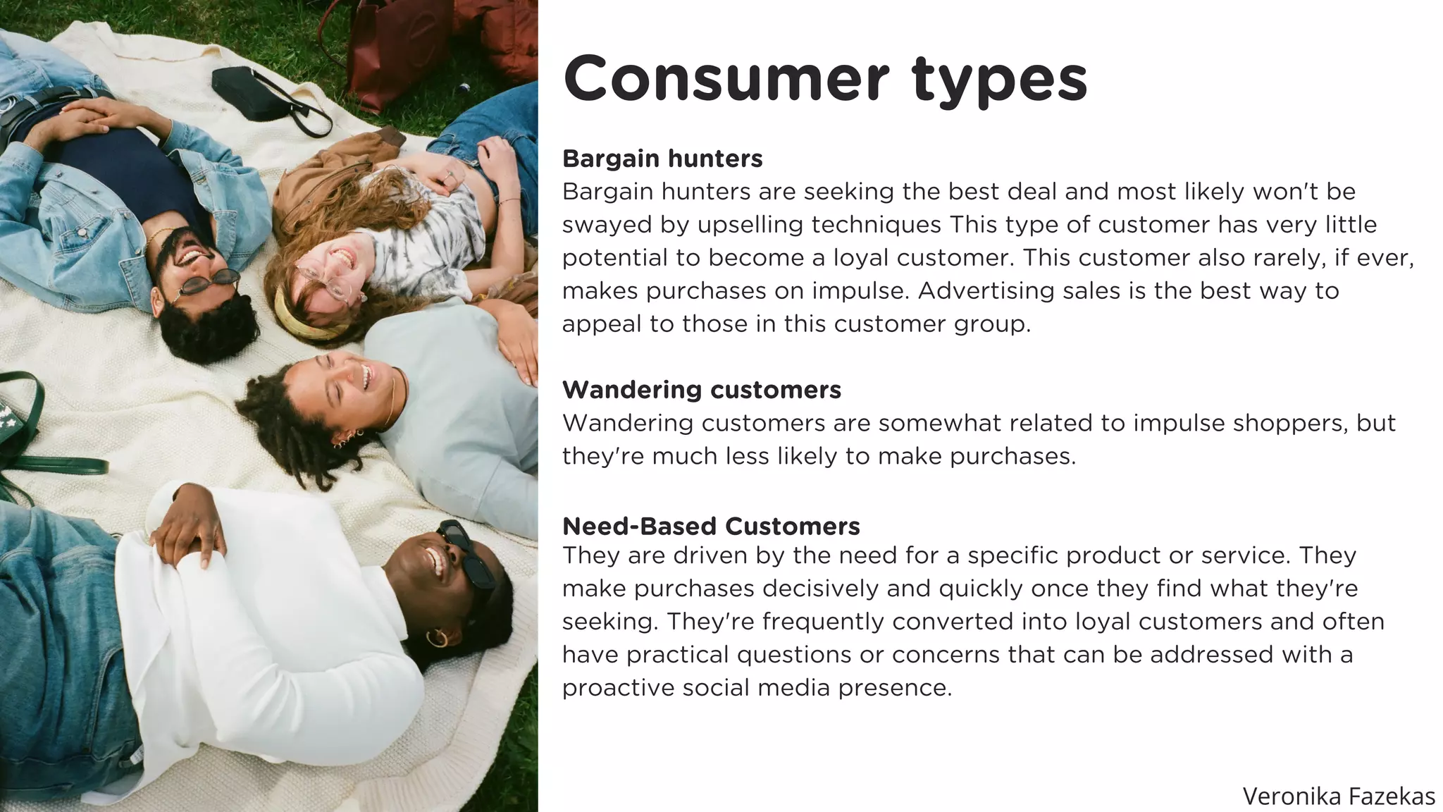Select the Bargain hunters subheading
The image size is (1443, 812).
click(x=662, y=159)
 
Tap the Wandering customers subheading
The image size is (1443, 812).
click(x=701, y=390)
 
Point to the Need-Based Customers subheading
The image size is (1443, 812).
click(x=710, y=526)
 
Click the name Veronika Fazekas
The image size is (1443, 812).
click(x=1338, y=796)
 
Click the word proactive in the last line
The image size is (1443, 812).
click(x=617, y=688)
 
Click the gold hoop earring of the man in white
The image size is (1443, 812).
click(x=436, y=638)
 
